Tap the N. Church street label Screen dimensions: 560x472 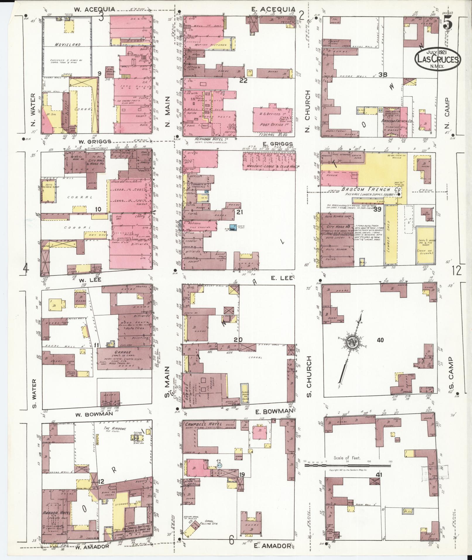pyautogui.click(x=307, y=111)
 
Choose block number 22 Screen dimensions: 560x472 pyautogui.click(x=243, y=81)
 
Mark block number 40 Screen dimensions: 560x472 pyautogui.click(x=380, y=340)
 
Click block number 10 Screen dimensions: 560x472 pyautogui.click(x=98, y=209)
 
